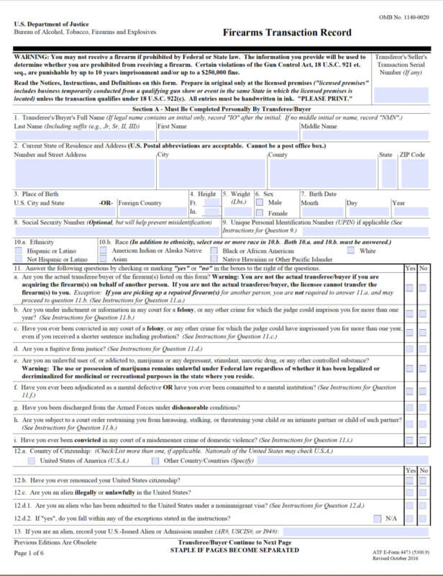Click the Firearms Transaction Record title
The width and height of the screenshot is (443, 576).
[287, 32]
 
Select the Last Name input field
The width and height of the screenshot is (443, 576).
[84, 135]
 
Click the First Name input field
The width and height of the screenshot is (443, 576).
[227, 135]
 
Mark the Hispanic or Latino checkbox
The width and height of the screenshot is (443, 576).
[19, 251]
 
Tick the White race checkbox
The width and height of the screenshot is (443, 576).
[351, 251]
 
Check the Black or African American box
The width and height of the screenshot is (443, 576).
[214, 251]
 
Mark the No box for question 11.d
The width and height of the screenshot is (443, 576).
[422, 348]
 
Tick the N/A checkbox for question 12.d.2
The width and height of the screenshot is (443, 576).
[378, 518]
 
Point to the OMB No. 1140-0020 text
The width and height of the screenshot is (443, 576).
[403, 16]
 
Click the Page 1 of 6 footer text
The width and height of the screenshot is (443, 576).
[29, 552]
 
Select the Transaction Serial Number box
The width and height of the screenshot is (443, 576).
[403, 94]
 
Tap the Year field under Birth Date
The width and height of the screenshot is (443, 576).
[411, 212]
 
